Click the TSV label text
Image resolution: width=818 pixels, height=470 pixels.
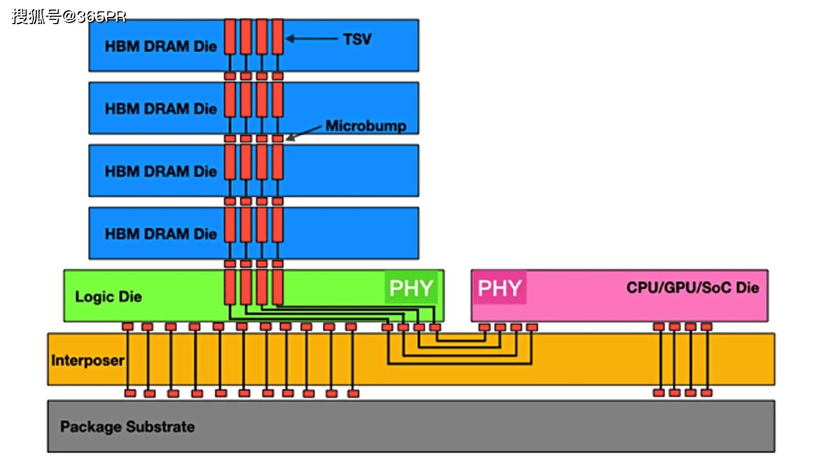[x=357, y=40]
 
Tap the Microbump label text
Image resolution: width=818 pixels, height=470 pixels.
[x=365, y=126]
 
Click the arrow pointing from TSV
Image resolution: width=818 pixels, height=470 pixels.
[x=311, y=38]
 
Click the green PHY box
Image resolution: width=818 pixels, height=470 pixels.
[x=411, y=288]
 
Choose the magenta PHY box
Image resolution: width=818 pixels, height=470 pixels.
[x=499, y=288]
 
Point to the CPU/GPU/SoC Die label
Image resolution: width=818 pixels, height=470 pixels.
[x=692, y=287]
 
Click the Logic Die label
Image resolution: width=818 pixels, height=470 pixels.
[x=108, y=297]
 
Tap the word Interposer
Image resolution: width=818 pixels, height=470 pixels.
[x=88, y=360]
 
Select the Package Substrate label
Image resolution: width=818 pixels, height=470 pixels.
[x=127, y=426]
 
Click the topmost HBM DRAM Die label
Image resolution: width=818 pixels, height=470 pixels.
[x=161, y=46]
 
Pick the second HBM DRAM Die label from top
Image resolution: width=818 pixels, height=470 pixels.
[x=161, y=109]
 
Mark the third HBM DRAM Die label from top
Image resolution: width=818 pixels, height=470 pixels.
[x=161, y=171]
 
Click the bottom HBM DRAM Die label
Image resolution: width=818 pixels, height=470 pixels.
[x=161, y=234]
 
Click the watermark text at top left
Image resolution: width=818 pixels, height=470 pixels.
[x=69, y=16]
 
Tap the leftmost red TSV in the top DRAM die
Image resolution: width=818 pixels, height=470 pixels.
[x=230, y=37]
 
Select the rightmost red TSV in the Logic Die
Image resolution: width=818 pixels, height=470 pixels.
[x=278, y=287]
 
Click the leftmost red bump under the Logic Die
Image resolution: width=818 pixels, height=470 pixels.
[x=128, y=327]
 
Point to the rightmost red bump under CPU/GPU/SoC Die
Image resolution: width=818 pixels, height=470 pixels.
[x=707, y=327]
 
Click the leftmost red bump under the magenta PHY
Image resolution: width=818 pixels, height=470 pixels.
[x=484, y=327]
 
